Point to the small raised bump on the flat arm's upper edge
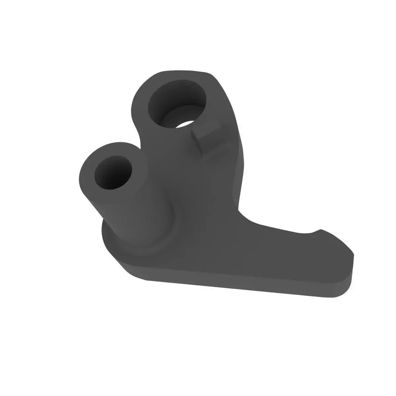click(x=318, y=230)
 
